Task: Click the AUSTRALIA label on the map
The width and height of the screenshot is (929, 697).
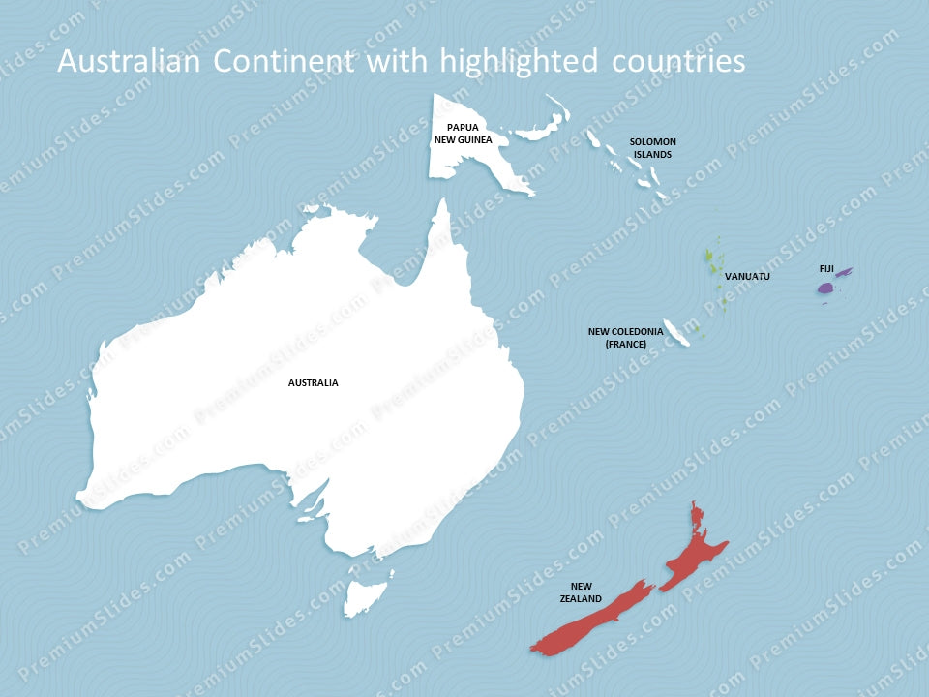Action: point(313,382)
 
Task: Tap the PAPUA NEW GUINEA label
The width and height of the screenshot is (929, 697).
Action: point(463,134)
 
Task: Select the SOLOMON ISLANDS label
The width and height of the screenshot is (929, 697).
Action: point(653,147)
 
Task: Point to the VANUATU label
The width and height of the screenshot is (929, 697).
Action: point(747,277)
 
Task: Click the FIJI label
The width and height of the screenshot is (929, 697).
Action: point(825,268)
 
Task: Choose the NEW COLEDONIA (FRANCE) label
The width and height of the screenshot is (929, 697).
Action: point(625,337)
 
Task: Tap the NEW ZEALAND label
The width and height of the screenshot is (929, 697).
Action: point(581,592)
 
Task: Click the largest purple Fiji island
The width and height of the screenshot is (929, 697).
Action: point(825,288)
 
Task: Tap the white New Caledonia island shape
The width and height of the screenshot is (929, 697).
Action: point(675,332)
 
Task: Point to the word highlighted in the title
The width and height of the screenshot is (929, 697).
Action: point(520,61)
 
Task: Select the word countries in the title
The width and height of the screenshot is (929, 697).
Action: point(678,61)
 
